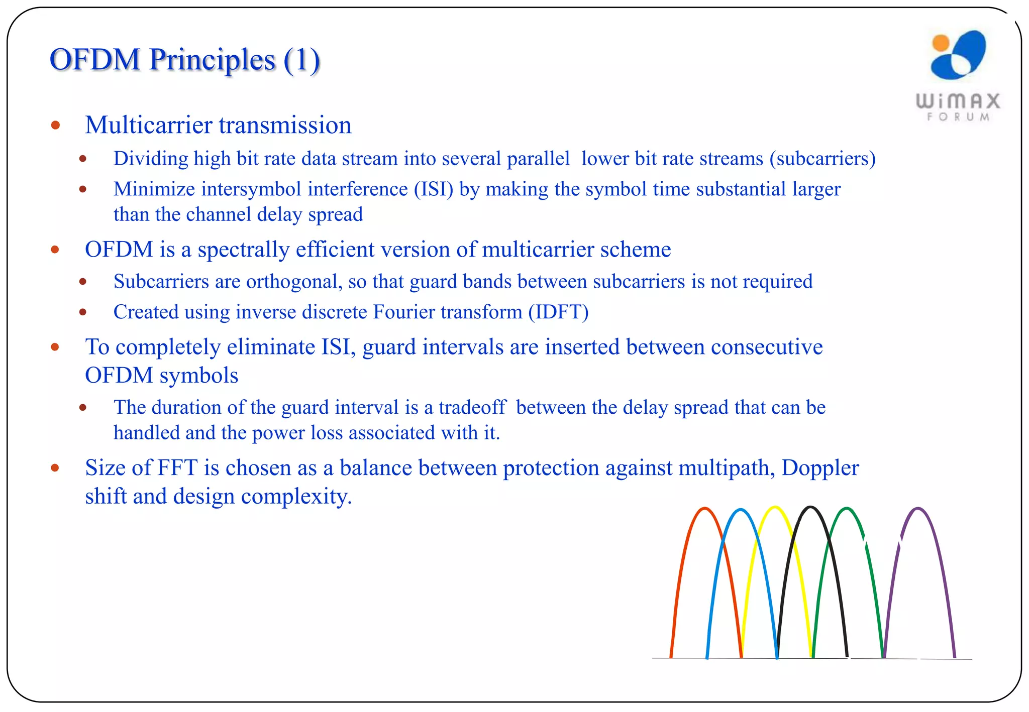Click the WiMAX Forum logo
958,75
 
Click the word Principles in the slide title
213,60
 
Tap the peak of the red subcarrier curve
705,509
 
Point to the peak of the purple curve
918,509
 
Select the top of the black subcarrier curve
810,507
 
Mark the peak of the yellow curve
775,507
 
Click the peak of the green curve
847,509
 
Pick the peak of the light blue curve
740,510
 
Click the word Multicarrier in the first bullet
148,125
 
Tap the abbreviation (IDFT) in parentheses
558,312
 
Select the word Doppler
820,468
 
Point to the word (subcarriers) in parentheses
822,159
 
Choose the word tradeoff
472,407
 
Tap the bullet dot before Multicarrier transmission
56,125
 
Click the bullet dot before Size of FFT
55,468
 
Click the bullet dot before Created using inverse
83,312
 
